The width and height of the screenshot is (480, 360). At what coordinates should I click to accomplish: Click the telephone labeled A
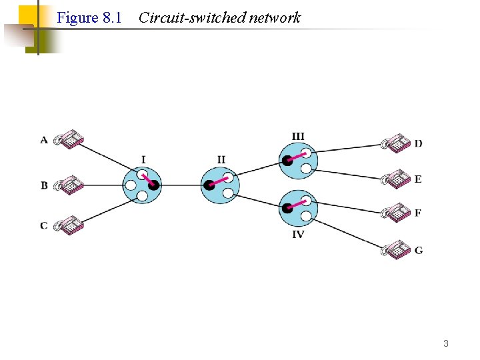[x=69, y=139]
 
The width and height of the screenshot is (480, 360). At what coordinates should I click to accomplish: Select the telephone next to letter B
[x=69, y=185]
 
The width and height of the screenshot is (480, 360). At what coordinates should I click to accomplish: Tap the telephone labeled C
[x=69, y=225]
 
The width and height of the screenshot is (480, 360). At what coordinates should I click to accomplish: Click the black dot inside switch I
[x=153, y=185]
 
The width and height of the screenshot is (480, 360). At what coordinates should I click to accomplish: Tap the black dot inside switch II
[x=209, y=185]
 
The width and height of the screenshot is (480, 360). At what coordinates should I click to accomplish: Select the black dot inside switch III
[x=287, y=160]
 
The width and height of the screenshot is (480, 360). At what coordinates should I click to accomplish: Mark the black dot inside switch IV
[x=287, y=207]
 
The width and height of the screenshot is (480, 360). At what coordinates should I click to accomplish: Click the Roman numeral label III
[x=298, y=137]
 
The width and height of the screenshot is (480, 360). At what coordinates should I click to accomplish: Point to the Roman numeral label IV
[x=298, y=235]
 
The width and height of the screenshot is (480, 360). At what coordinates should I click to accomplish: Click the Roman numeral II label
[x=221, y=159]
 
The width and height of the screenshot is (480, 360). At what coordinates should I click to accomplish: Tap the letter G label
[x=419, y=251]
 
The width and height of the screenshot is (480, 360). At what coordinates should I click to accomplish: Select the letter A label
[x=44, y=140]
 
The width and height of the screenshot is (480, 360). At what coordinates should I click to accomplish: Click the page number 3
[x=446, y=344]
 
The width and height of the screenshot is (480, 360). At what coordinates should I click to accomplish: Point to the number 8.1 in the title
[x=112, y=18]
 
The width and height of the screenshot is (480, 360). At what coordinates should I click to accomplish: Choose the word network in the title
[x=274, y=18]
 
